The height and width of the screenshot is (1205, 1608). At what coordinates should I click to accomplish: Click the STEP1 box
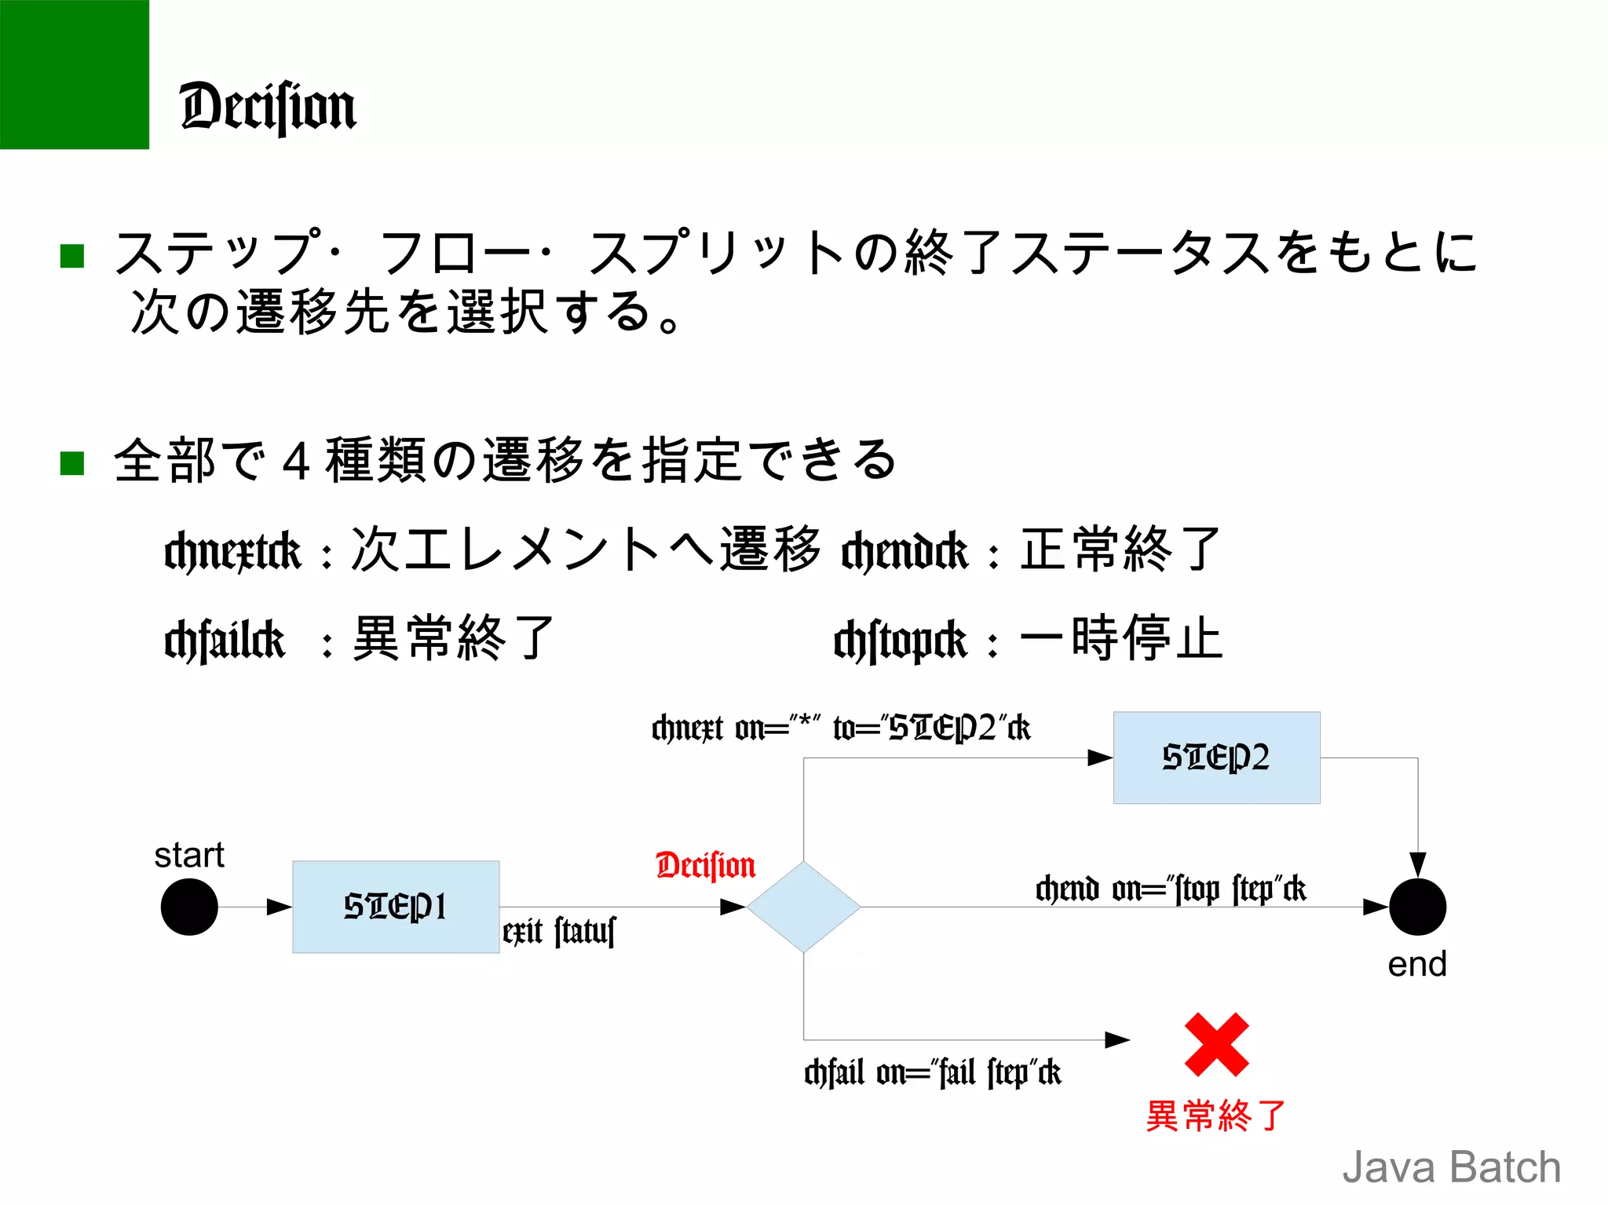pos(396,907)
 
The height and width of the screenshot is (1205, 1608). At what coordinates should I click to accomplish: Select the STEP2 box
pos(1216,758)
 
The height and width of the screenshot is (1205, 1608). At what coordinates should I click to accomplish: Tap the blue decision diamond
pos(803,907)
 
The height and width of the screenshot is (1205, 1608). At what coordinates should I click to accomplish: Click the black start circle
pos(189,907)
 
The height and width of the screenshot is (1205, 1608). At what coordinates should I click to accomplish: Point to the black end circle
pos(1417,907)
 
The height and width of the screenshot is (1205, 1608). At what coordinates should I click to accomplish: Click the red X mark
pos(1216,1044)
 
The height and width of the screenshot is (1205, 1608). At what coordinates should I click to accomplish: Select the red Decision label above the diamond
pos(705,865)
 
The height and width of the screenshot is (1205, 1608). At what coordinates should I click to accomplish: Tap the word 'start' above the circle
pos(189,855)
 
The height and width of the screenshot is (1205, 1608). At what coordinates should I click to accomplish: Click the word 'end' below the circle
pos(1416,964)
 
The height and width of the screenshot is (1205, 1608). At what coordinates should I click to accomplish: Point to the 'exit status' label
pos(559,932)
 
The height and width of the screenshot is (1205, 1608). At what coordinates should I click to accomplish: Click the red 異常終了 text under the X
pos(1216,1116)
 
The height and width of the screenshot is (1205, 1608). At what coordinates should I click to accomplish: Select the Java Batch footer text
pos(1451,1167)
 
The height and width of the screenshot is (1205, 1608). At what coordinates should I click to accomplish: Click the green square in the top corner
pos(74,74)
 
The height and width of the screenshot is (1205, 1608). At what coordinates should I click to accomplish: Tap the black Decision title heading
pos(268,107)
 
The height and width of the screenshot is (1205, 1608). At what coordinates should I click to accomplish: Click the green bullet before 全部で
pos(72,463)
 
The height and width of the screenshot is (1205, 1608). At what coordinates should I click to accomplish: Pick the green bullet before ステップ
pos(72,256)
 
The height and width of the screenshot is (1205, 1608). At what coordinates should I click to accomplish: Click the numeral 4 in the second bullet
pos(295,462)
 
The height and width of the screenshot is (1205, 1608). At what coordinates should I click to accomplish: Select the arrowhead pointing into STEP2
pos(1100,758)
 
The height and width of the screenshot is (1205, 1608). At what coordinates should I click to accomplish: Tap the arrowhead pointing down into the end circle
pos(1417,864)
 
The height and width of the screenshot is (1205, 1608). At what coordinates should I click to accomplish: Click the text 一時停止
pos(1121,638)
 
